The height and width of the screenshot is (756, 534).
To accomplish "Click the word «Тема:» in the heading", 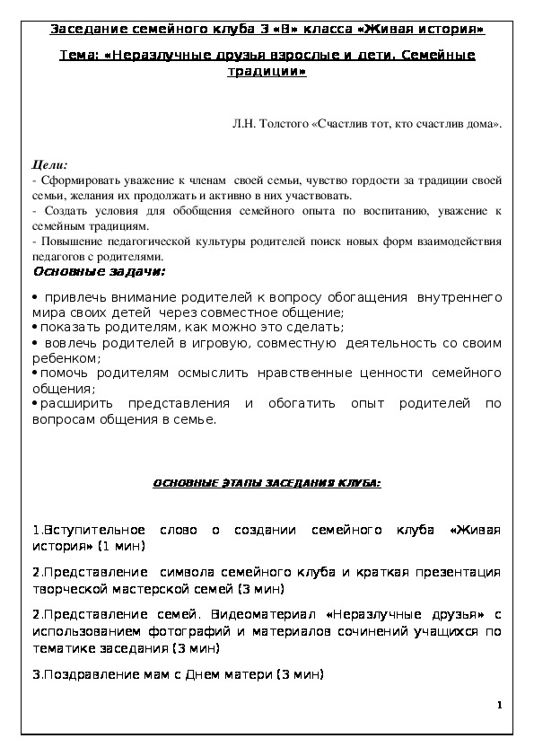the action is tap(78, 56).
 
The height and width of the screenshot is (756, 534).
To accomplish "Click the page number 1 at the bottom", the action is tap(498, 708).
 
